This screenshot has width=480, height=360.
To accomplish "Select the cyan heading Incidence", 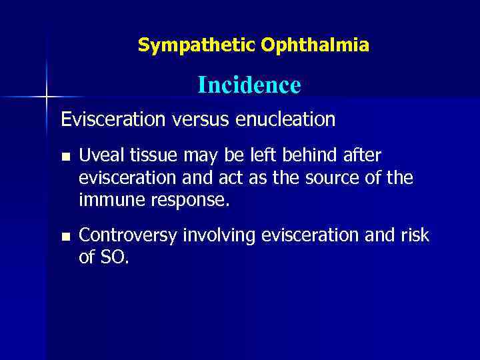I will [x=249, y=85].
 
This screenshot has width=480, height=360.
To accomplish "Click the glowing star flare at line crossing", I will [x=47, y=98].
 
